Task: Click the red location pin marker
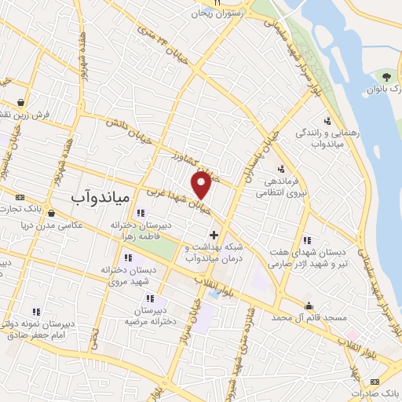[201, 186]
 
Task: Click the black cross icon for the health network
[214, 235]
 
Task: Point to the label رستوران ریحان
[234, 13]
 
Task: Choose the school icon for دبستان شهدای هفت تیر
[307, 239]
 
